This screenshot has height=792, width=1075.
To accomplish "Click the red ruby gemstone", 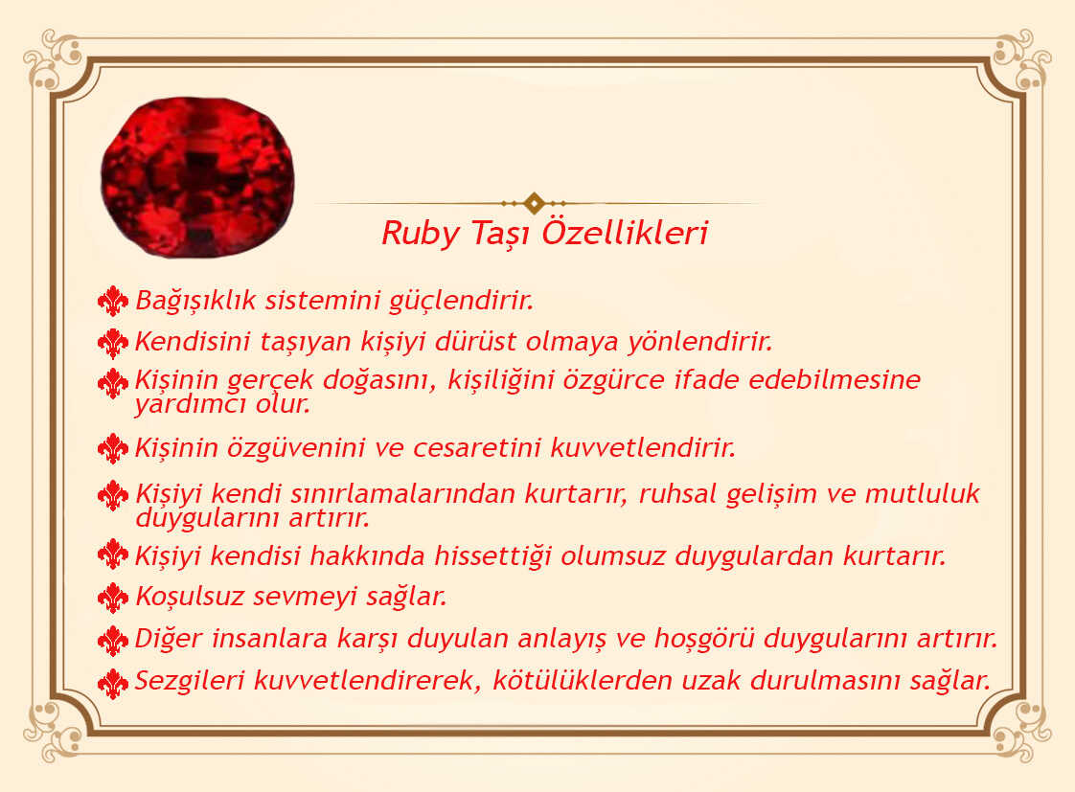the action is coord(197,177).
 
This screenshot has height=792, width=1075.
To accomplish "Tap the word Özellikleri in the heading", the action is coord(625,232).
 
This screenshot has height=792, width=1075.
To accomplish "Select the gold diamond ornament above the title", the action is coord(534,203).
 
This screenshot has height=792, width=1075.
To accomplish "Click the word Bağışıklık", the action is coord(195,301).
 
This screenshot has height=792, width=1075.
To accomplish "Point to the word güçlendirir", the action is coord(462,301).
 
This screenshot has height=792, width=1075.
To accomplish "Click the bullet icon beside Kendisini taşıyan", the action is coord(113,343).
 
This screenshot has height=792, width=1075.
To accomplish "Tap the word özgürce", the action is coord(613,380).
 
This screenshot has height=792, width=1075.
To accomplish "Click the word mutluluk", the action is coord(922,493).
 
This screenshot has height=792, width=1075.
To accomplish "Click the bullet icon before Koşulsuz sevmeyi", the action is coord(113,598).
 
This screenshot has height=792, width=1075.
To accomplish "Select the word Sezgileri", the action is coord(190,680).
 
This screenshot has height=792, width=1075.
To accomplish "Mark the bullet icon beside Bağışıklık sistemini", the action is coord(113,301).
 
